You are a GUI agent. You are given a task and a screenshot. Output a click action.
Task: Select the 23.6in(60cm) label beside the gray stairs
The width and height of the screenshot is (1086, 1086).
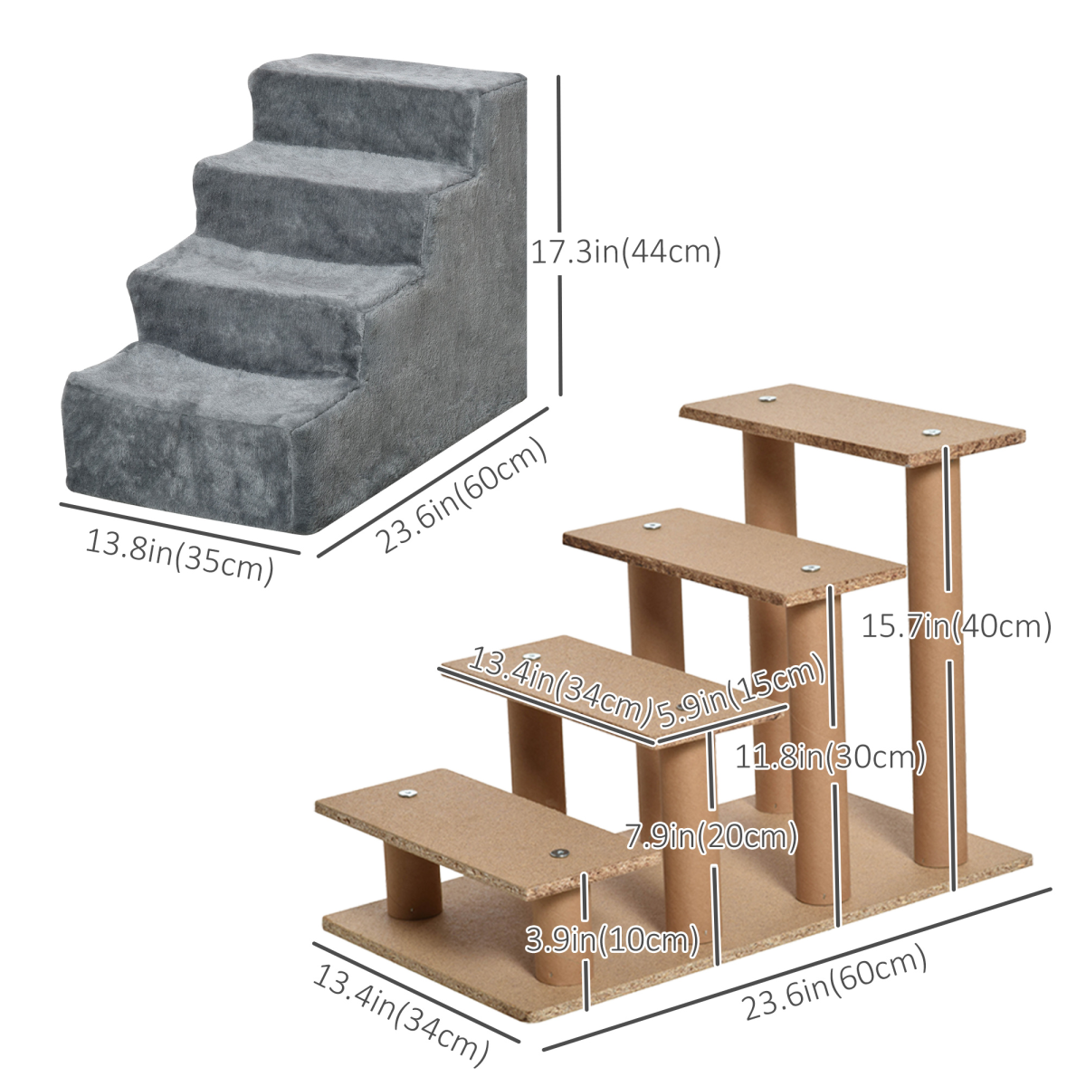point(462,496)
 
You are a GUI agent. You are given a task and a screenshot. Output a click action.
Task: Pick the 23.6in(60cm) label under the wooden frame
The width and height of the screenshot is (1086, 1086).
point(834,982)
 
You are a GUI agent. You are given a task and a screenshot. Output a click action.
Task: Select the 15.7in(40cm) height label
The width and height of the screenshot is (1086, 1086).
point(956,625)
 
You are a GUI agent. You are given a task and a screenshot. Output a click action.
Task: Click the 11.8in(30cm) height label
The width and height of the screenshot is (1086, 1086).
point(830,757)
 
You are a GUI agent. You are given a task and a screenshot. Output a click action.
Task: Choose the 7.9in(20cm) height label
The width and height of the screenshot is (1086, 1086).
point(712,836)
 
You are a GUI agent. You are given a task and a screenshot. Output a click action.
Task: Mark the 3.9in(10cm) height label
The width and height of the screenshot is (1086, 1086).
point(613,940)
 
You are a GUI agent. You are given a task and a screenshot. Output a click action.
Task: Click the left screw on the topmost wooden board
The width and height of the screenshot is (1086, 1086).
point(767,398)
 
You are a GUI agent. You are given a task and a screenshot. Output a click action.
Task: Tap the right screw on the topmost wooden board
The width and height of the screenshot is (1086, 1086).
point(929,433)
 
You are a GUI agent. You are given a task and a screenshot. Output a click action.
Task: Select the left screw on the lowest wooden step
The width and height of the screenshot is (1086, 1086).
point(406,795)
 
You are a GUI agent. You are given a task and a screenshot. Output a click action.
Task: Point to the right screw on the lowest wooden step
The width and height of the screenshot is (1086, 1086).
point(558,853)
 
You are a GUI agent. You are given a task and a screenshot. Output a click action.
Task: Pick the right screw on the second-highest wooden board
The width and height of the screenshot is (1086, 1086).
point(808,568)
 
